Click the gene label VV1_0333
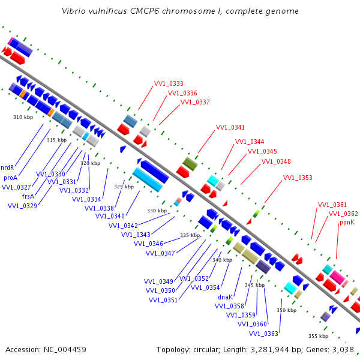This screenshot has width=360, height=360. [x=169, y=83]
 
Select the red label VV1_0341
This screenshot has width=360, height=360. [x=230, y=127]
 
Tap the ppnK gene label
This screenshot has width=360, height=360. [x=347, y=223]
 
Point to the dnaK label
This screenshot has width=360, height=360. [x=225, y=297]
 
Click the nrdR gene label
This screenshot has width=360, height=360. [x=7, y=167]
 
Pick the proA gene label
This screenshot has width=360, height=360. [x=11, y=178]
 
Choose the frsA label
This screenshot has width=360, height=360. [x=28, y=196]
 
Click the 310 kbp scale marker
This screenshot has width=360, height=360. [x=23, y=117]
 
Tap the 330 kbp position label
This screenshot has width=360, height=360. [x=157, y=211]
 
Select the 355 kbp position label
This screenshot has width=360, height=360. [x=319, y=336]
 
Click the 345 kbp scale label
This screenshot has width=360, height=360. [x=254, y=285]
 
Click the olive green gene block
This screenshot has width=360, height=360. [x=190, y=164]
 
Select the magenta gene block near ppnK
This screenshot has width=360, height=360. [x=337, y=277]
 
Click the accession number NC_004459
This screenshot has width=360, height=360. [x=65, y=350]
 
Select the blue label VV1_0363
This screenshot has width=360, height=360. [x=263, y=334]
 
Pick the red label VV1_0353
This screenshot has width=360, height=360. [x=298, y=178]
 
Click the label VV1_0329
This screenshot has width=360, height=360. [x=23, y=206]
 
